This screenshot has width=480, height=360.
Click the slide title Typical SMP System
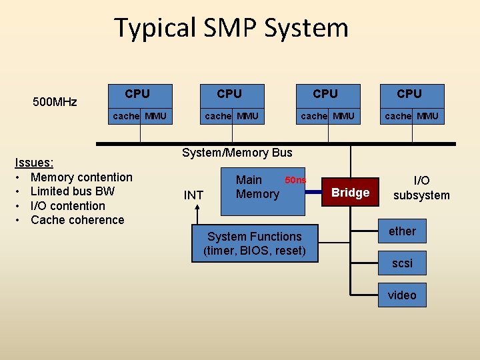231,28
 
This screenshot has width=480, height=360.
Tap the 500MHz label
55,102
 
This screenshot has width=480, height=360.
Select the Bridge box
351,193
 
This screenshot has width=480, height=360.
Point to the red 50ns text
295,180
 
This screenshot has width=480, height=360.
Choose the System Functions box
255,243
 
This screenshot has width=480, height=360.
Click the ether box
402,231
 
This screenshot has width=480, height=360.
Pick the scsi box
402,263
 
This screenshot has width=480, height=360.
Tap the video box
402,295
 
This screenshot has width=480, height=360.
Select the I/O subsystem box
421,188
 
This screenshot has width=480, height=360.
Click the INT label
193,195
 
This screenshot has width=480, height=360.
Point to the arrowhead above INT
198,209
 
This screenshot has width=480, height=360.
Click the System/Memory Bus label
237,153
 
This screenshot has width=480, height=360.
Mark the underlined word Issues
34,163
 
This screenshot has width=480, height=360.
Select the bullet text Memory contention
81,177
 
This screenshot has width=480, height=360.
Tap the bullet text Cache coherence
77,220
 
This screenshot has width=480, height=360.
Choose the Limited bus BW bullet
73,191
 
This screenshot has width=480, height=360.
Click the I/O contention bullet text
68,206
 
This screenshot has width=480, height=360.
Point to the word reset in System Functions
288,251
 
